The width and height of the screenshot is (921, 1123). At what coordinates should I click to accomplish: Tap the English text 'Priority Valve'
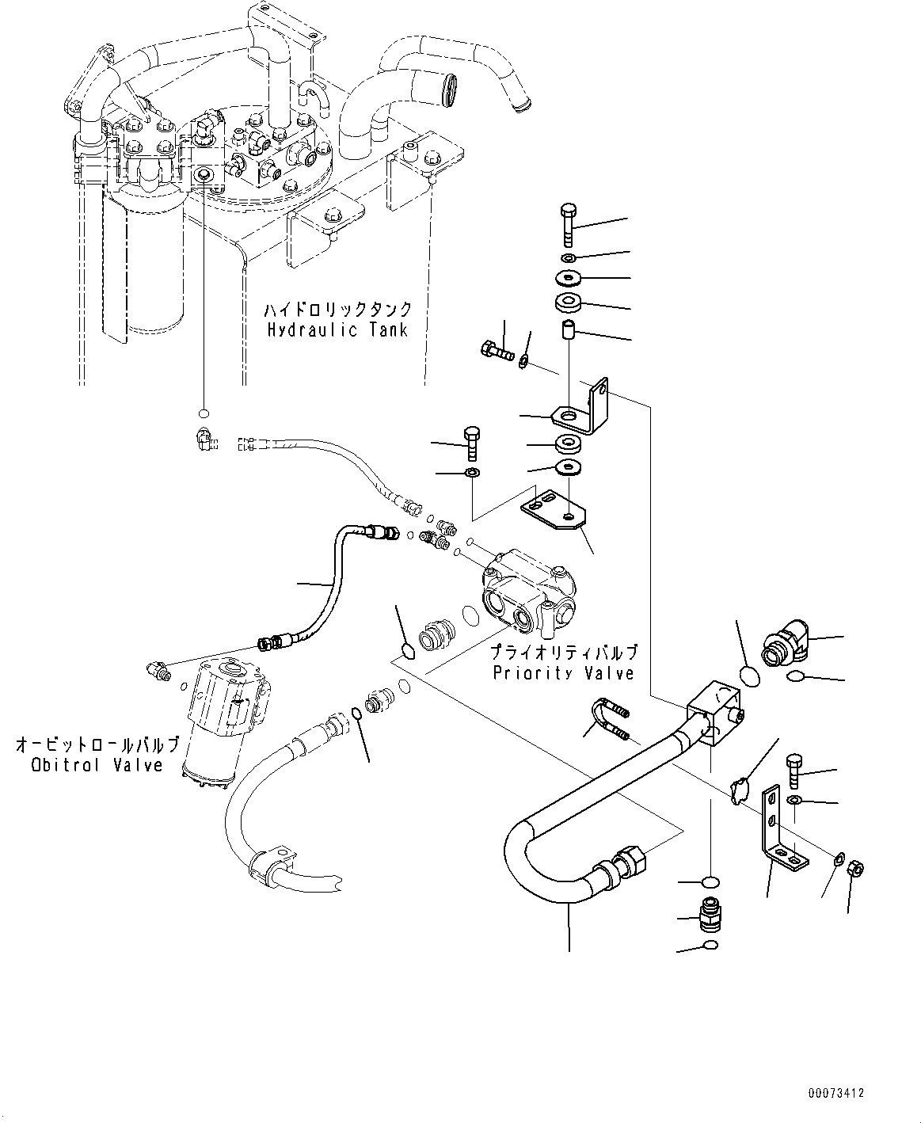(x=563, y=673)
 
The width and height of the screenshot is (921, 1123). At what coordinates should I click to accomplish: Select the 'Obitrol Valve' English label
(x=97, y=765)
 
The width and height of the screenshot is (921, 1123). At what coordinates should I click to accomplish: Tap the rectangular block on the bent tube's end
(x=714, y=714)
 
